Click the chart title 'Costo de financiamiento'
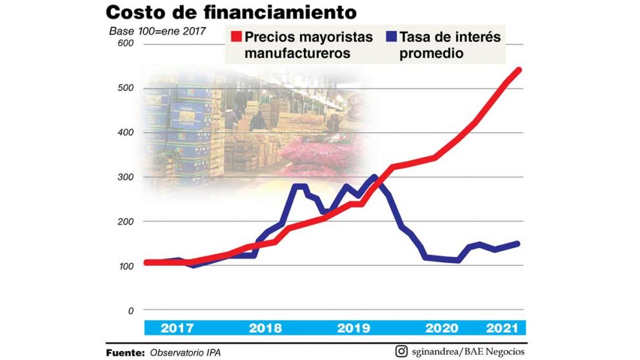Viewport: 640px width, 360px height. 232,12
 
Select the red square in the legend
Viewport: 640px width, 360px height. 235,37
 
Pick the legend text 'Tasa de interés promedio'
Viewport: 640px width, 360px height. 450,45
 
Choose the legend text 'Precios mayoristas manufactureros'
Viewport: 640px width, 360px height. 308,45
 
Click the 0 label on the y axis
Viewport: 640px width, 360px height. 130,310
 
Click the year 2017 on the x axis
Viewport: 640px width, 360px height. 177,328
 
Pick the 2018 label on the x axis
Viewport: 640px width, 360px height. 265,328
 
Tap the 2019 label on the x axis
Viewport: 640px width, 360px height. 354,328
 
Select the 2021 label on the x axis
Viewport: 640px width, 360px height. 503,328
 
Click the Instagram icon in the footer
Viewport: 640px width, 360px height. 401,352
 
